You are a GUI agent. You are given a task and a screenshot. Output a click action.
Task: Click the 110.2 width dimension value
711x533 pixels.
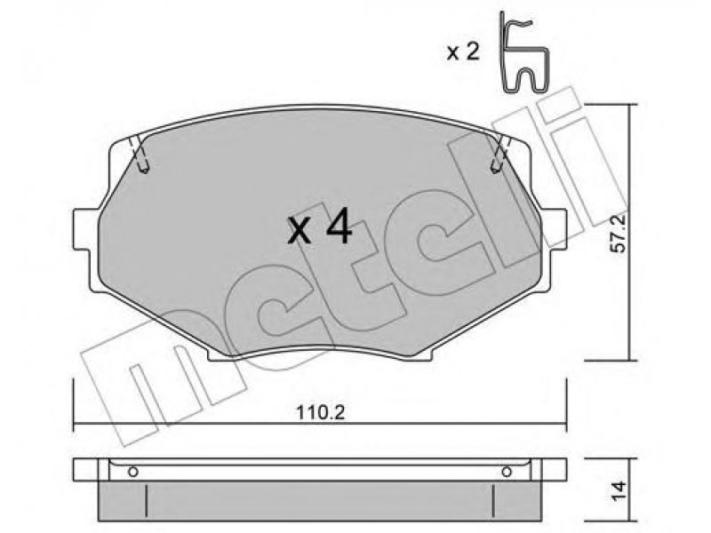(321, 413)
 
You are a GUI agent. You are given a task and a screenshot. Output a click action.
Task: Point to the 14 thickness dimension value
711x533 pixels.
(619, 490)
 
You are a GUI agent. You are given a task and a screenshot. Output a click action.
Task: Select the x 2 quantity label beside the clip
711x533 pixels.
(462, 52)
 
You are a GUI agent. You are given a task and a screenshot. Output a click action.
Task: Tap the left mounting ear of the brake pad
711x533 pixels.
(86, 228)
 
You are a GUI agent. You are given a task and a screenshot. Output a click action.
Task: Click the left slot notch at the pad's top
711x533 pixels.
(140, 155)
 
